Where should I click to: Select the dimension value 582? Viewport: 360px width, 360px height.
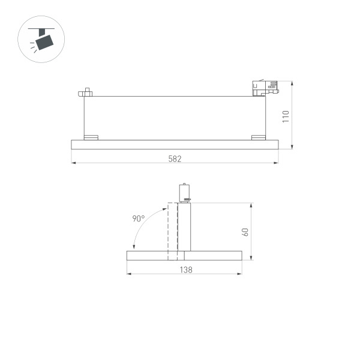click(x=175, y=158)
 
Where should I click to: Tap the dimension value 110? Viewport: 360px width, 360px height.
click(x=286, y=115)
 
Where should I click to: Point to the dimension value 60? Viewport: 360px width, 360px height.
click(x=245, y=232)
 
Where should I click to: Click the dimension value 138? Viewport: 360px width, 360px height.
click(x=185, y=271)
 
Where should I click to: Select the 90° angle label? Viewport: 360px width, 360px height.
click(x=139, y=219)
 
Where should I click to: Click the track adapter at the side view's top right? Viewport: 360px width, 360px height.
click(x=264, y=88)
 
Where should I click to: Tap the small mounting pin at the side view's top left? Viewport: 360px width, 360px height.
click(x=86, y=93)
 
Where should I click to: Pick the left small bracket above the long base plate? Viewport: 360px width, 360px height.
click(x=91, y=137)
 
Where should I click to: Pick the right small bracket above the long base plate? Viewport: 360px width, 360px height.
click(x=258, y=137)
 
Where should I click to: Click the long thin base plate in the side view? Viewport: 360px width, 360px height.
click(x=175, y=143)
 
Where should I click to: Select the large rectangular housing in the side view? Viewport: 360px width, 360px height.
click(x=175, y=116)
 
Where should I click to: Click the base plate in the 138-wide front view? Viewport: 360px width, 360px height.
click(x=185, y=256)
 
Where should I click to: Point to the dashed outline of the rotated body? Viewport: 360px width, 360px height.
click(x=172, y=231)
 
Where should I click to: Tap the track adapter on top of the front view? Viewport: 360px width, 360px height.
click(x=185, y=192)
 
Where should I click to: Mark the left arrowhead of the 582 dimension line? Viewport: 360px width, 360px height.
click(x=73, y=162)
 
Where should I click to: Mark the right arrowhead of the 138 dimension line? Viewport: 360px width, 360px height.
click(x=241, y=274)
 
